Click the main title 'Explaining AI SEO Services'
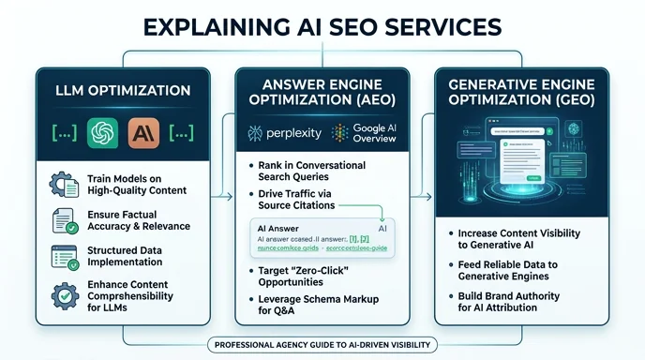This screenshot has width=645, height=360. point(322,25)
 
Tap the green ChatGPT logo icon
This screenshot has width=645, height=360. point(100,132)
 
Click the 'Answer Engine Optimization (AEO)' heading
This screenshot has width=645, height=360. point(322,91)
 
